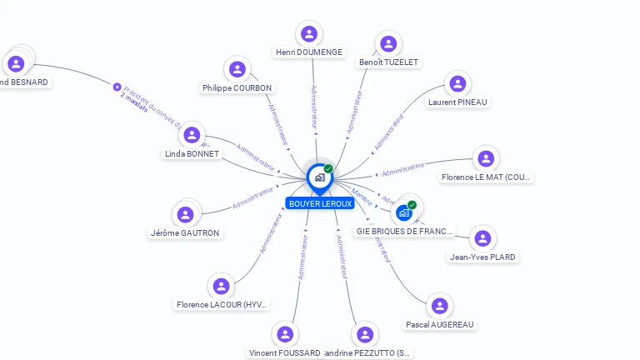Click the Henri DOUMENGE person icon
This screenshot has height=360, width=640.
[x=309, y=34]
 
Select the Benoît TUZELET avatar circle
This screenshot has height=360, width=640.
[x=387, y=44]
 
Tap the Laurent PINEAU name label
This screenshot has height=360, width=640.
[x=457, y=102]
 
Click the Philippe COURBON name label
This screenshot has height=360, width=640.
[x=237, y=87]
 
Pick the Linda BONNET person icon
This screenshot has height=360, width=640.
[x=192, y=135]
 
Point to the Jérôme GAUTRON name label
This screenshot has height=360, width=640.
[x=185, y=232]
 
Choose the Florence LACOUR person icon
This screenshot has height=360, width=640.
[x=221, y=287]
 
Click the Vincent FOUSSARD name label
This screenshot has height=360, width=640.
[x=285, y=352]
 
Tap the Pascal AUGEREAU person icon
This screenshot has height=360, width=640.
[x=440, y=306]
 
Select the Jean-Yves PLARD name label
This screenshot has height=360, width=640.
[x=482, y=257]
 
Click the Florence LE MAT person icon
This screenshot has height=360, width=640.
[x=486, y=158]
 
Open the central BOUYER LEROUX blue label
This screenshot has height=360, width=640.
[x=320, y=203]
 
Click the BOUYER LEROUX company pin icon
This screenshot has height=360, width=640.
[x=319, y=177]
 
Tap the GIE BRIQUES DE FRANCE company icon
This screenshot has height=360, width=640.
[x=405, y=212]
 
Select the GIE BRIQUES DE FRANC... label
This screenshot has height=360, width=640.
[x=405, y=231]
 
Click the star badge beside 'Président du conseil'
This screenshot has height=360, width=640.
[x=117, y=86]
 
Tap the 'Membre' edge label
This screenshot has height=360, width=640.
[x=362, y=192]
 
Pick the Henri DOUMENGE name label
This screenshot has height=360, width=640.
[x=309, y=52]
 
